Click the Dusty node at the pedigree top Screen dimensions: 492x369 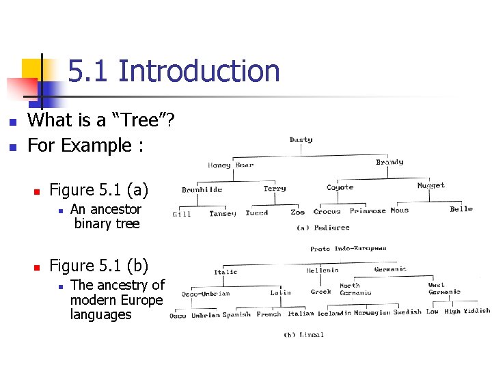coord(301,140)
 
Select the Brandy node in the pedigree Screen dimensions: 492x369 coord(389,163)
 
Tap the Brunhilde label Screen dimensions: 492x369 coord(202,190)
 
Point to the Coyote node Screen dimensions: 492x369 coord(340,187)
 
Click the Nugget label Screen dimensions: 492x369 coord(430,185)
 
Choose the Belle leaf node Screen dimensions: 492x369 coord(461,209)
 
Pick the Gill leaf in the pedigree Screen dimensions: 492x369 coord(182,214)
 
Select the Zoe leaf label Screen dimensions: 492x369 coord(298,213)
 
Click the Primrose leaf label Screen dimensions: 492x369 coord(368,211)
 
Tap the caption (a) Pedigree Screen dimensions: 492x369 coord(323,228)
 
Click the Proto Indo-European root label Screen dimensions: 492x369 coord(348,249)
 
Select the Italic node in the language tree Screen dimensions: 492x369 coord(225,272)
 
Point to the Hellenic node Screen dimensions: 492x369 coord(322,271)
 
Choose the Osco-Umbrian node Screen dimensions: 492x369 coord(206,294)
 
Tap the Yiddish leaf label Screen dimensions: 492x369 coord(476,311)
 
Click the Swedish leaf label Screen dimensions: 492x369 coord(407,312)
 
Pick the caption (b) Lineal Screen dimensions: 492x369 coord(303,334)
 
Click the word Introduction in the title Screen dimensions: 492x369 coord(199,71)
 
